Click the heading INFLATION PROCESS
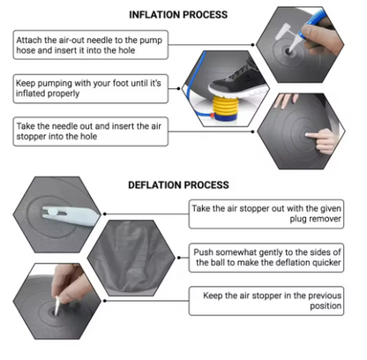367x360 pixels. pos(178,15)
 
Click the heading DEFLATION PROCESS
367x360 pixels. pos(178,185)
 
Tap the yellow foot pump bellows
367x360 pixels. pos(225,107)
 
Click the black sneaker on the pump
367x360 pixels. pos(237,79)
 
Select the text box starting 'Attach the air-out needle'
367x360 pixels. pos(91,45)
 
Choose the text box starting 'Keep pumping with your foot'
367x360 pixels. pos(91,88)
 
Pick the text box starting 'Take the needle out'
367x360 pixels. pos(91,131)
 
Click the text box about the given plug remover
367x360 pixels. pos(266,214)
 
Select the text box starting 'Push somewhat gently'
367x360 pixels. pos(266,258)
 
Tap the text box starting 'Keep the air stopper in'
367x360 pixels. pos(266,301)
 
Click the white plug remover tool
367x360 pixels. pos(70,215)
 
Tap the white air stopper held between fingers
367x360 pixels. pos(56,305)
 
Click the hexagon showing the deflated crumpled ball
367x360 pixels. pos(131,258)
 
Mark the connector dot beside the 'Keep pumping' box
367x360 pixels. pos(178,88)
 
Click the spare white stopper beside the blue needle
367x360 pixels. pos(281,32)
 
